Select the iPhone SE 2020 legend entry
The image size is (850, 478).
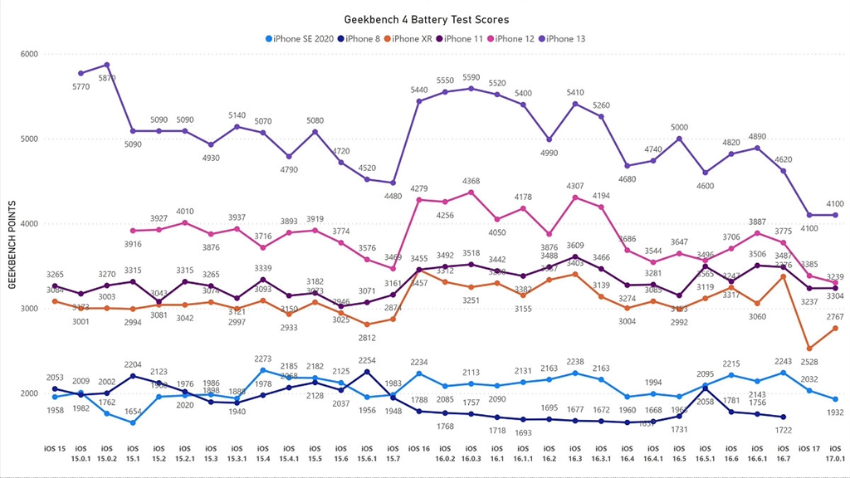tap(303, 38)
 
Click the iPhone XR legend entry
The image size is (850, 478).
tap(417, 38)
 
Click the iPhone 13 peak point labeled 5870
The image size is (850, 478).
tap(107, 65)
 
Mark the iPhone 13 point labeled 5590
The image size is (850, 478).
tap(471, 89)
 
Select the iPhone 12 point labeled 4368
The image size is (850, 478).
tap(471, 193)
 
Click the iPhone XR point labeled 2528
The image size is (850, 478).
tap(808, 349)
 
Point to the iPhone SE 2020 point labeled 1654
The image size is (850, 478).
tap(133, 422)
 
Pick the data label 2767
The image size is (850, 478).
tap(835, 316)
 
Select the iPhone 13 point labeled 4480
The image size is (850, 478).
tap(393, 183)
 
